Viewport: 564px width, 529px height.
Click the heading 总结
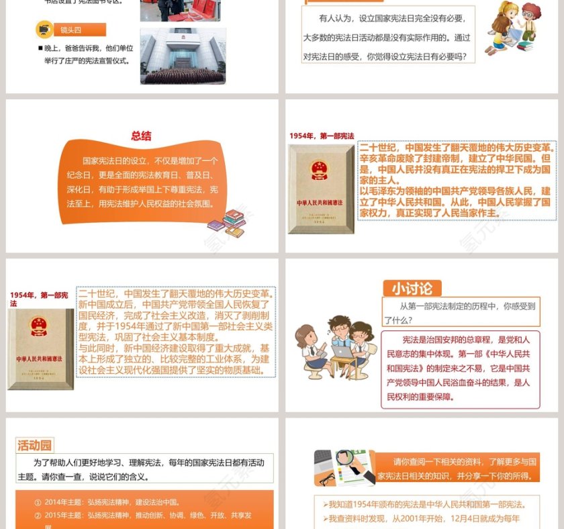pyautogui.click(x=141, y=136)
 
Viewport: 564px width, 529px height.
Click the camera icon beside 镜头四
pyautogui.click(x=45, y=30)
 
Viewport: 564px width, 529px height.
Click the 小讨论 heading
pyautogui.click(x=412, y=289)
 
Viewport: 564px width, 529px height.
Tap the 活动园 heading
pyautogui.click(x=34, y=445)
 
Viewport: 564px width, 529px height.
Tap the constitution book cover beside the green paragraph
pyautogui.click(x=41, y=349)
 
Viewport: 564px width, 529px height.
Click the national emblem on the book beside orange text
pyautogui.click(x=320, y=171)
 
